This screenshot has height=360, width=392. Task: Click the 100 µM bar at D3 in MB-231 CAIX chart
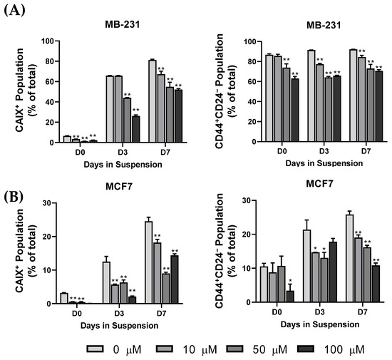pyautogui.click(x=135, y=129)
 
